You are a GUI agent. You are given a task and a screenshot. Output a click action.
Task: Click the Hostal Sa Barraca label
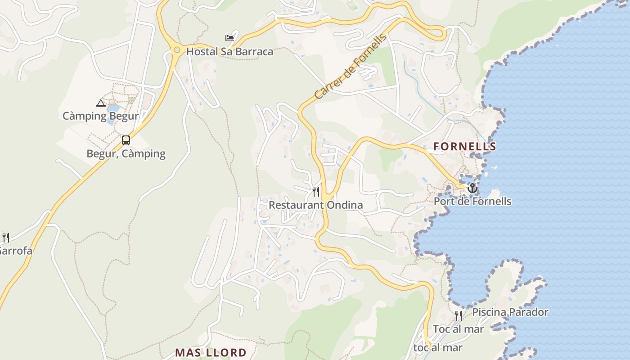(229, 52)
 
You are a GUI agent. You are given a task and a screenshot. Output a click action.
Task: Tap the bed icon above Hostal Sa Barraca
(229, 38)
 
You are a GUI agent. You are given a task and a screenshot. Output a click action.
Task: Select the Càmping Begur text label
(100, 116)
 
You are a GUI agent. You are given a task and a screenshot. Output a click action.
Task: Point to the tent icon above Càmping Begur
(101, 103)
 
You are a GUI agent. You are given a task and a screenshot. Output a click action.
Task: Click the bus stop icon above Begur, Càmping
(126, 140)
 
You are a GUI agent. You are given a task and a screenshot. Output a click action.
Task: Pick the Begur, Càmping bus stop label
(126, 154)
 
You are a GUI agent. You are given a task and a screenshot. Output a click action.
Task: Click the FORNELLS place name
(464, 146)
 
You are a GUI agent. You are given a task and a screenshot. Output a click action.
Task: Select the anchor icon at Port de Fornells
(472, 188)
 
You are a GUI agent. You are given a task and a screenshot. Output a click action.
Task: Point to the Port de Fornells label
(472, 201)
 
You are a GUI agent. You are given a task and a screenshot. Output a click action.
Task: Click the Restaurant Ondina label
(315, 205)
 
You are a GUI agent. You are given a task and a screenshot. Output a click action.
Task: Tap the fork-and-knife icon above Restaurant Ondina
(316, 192)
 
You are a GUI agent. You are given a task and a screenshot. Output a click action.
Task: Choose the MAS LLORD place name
(211, 352)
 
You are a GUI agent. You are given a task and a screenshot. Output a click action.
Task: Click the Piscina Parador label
(510, 312)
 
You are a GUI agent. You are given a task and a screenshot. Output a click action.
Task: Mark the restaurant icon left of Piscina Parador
(458, 315)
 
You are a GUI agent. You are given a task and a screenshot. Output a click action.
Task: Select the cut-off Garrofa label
(16, 251)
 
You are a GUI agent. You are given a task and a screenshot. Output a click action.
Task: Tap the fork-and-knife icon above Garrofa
(6, 237)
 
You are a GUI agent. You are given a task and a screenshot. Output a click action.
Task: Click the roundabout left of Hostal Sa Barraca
(177, 50)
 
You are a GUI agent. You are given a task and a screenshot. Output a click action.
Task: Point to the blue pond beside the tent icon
(113, 109)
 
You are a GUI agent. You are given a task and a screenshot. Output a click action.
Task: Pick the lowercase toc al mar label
(438, 348)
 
